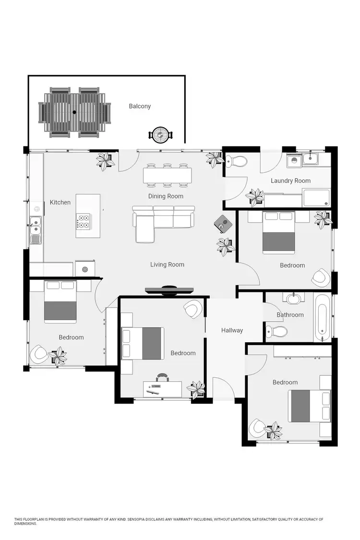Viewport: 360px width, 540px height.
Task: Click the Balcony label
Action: (140, 106)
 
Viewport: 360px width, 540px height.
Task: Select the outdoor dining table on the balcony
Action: (74, 112)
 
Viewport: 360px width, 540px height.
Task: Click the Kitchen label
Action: (60, 203)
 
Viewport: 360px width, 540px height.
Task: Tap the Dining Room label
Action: (166, 196)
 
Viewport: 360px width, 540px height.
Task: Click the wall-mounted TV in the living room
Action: (169, 289)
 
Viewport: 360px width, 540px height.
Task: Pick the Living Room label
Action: (167, 264)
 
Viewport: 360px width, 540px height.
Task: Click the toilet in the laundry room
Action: (236, 161)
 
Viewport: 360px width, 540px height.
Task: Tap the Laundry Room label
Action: (290, 181)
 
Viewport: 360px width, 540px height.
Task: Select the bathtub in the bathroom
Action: (323, 317)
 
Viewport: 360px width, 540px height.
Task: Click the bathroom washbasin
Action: (293, 299)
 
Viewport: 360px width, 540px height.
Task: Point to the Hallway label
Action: (232, 330)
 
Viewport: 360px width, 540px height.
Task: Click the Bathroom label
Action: (290, 315)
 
